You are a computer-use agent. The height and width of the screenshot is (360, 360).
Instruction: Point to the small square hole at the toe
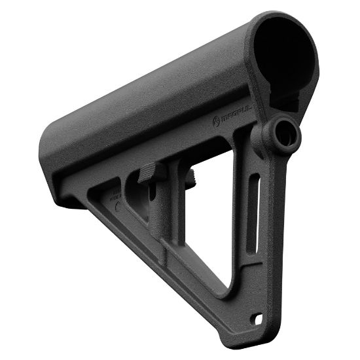[263, 319]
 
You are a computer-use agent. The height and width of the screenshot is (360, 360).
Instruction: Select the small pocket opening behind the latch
[134, 196]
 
